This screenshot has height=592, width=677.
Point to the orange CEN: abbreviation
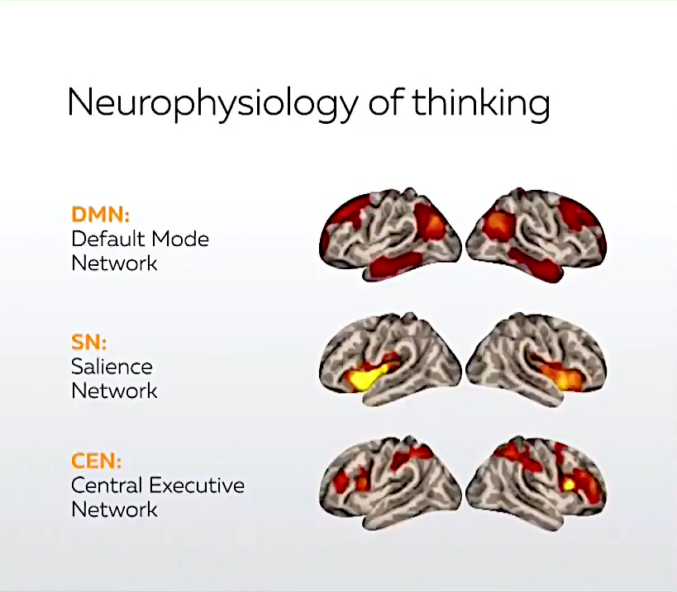[97, 461]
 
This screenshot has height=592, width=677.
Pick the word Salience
[112, 367]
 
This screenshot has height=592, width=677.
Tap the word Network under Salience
[114, 391]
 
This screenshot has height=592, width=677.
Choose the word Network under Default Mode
[114, 264]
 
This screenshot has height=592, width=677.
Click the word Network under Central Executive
[114, 509]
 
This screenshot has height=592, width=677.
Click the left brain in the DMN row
[389, 235]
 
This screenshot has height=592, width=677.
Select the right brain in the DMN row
[536, 235]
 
